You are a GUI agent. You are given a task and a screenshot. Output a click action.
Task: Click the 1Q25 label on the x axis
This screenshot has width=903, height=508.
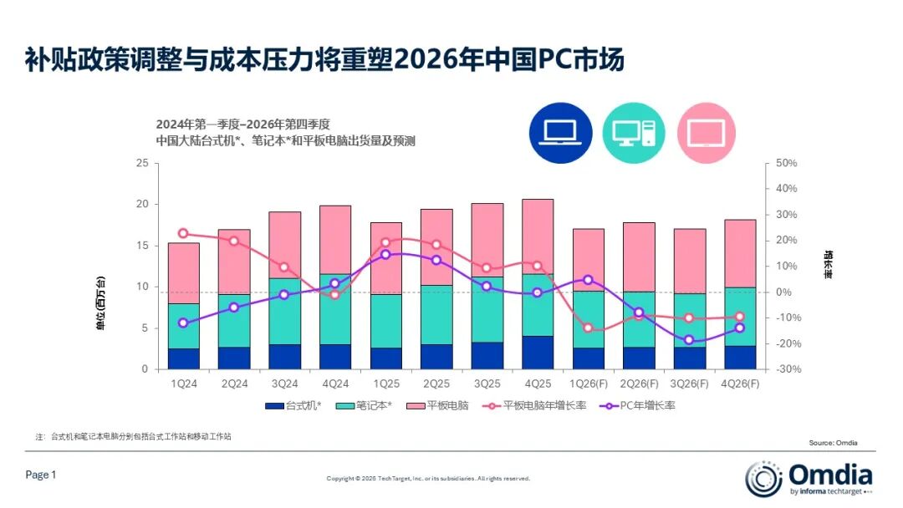[385, 384]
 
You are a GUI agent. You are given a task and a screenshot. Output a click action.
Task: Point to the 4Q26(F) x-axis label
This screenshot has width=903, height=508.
[740, 384]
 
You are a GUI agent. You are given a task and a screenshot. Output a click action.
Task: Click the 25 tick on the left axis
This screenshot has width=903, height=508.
[141, 164]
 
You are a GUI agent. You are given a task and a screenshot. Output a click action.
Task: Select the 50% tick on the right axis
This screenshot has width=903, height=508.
[787, 164]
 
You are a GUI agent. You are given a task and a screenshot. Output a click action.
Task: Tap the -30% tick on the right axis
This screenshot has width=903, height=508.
[787, 369]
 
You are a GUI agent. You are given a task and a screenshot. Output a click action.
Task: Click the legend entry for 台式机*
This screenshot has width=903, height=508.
[293, 405]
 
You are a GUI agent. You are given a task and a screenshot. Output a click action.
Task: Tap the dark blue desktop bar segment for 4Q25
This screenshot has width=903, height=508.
[538, 352]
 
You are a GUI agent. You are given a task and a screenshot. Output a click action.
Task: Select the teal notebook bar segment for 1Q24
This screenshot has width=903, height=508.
[184, 326]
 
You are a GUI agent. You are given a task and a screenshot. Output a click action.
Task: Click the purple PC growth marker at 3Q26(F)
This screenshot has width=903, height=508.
[689, 340]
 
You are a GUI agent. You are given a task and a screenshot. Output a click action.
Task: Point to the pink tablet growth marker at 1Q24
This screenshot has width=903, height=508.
[184, 234]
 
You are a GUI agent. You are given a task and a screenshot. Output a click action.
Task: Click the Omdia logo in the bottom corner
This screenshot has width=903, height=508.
[809, 478]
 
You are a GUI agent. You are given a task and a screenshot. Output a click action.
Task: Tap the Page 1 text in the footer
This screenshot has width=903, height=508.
[41, 475]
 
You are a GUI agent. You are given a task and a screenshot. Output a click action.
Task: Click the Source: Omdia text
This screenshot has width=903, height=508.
[833, 443]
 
